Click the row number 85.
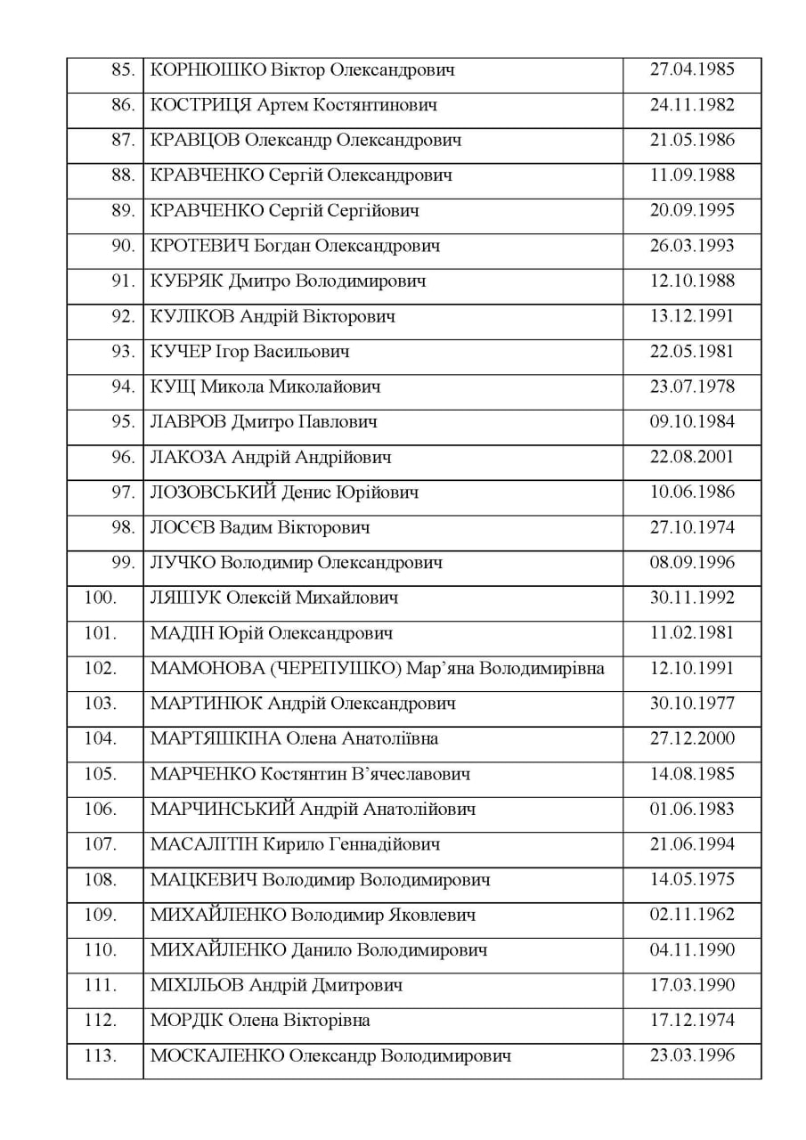pyautogui.click(x=122, y=70)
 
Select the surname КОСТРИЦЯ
pyautogui.click(x=200, y=106)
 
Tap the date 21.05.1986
pyautogui.click(x=692, y=141)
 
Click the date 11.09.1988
pyautogui.click(x=692, y=175)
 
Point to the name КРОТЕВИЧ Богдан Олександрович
pyautogui.click(x=296, y=247)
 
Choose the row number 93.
pyautogui.click(x=122, y=352)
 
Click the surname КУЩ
pyautogui.click(x=172, y=387)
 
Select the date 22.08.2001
pyautogui.click(x=692, y=458)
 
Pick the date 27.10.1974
pyautogui.click(x=692, y=528)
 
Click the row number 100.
pyautogui.click(x=100, y=598)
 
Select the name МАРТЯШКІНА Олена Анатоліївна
pyautogui.click(x=295, y=739)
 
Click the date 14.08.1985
pyautogui.click(x=692, y=774)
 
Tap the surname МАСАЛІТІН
pyautogui.click(x=211, y=844)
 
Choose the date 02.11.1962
pyautogui.click(x=692, y=915)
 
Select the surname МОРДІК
pyautogui.click(x=187, y=1021)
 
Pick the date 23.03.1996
pyautogui.click(x=692, y=1056)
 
